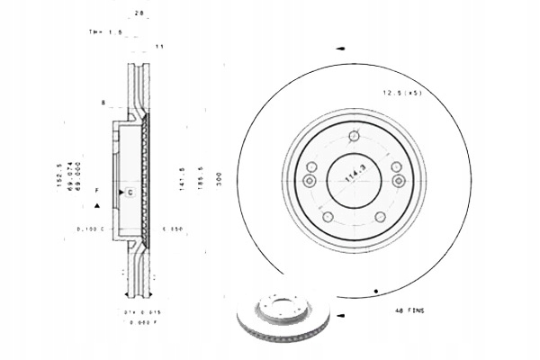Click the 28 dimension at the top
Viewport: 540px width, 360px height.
click(139, 12)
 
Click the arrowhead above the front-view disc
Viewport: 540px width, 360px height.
click(339, 49)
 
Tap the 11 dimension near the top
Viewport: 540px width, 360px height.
click(158, 45)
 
